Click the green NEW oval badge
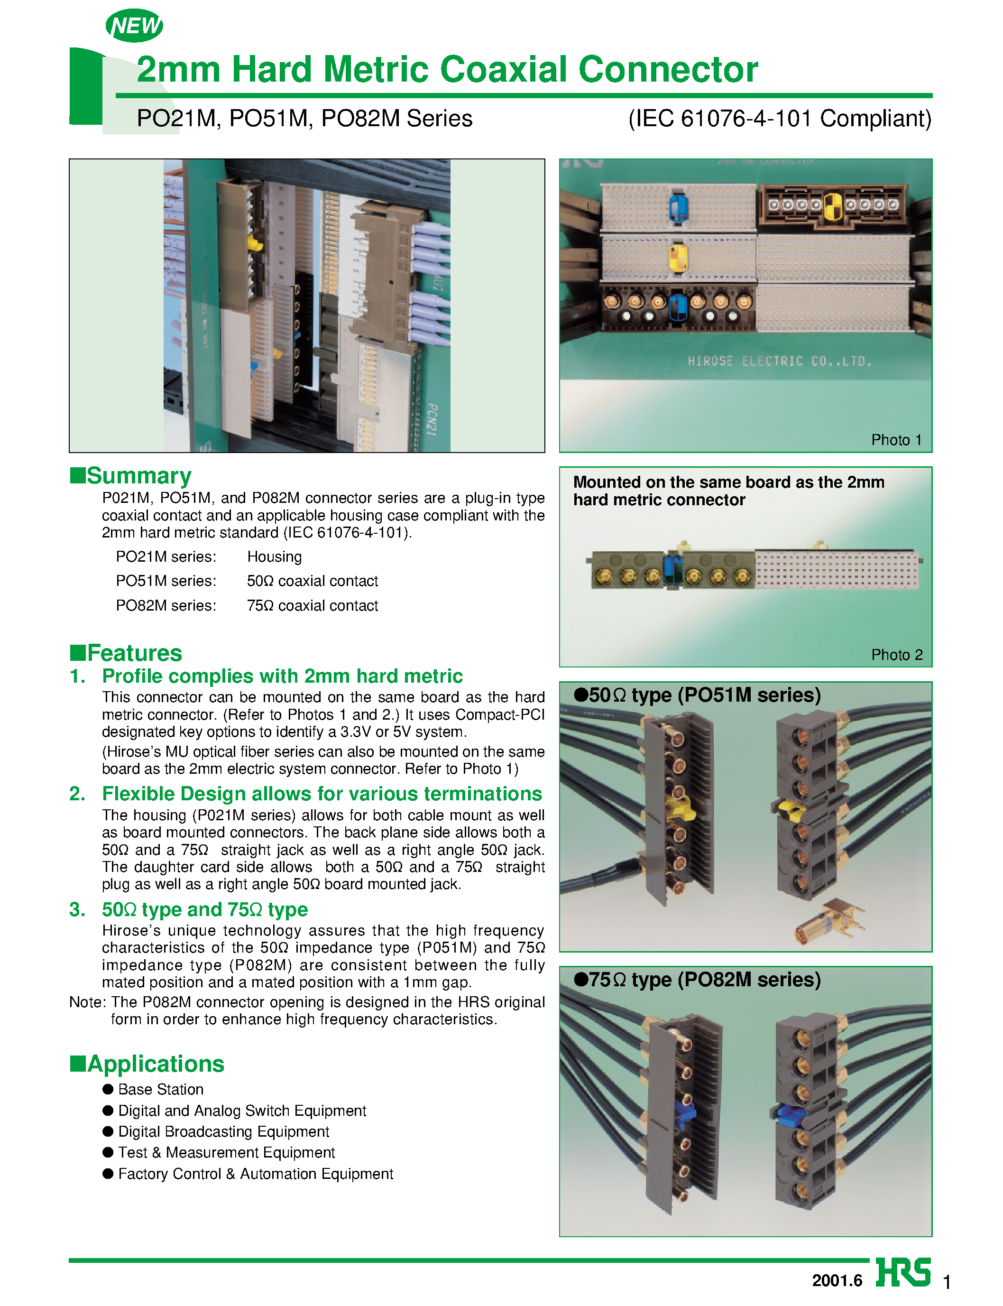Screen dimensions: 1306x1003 [134, 26]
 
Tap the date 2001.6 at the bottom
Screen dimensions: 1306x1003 [837, 1280]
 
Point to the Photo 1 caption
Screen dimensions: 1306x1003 [895, 440]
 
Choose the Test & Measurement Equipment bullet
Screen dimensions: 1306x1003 [226, 1152]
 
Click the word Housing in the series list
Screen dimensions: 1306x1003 [274, 556]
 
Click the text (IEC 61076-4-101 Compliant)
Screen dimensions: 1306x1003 [779, 118]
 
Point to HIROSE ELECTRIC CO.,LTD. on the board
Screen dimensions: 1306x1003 [779, 361]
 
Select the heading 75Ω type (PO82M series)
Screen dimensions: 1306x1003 [697, 980]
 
